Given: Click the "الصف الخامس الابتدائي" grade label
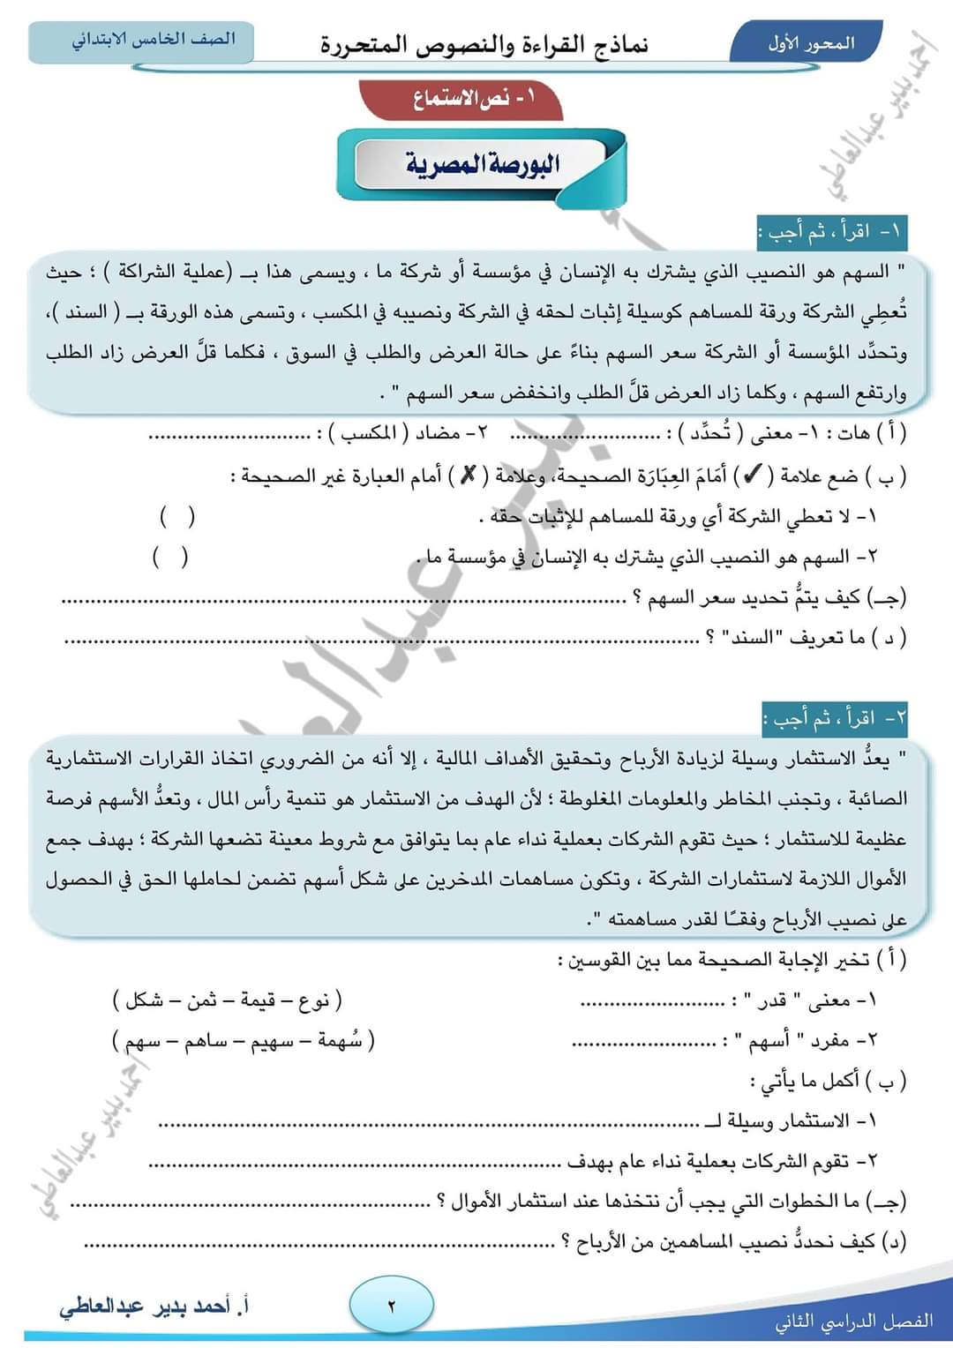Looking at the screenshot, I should pyautogui.click(x=153, y=40).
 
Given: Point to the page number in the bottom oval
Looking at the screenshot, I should pyautogui.click(x=392, y=1306).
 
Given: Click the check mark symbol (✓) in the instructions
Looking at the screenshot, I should pyautogui.click(x=753, y=476).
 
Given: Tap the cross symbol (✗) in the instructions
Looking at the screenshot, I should pyautogui.click(x=468, y=476).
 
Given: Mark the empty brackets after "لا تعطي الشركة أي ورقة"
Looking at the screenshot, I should pyautogui.click(x=177, y=516).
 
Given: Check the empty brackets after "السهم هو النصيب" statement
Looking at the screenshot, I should pyautogui.click(x=170, y=557).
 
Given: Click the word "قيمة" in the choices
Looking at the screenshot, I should pyautogui.click(x=259, y=1000).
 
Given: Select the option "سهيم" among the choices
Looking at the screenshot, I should pyautogui.click(x=271, y=1041).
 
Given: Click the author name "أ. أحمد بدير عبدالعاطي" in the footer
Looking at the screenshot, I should pyautogui.click(x=154, y=1306).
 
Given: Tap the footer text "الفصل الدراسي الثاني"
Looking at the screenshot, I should pyautogui.click(x=853, y=1321).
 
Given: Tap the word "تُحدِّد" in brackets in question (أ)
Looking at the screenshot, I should pyautogui.click(x=709, y=434).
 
